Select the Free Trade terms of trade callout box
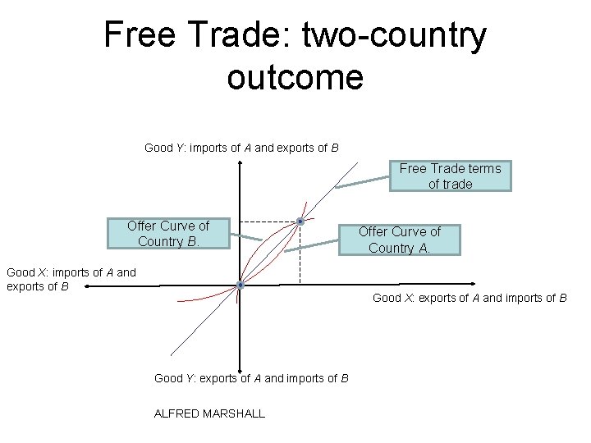coord(450,176)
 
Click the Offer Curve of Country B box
coord(168,234)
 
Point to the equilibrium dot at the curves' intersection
coord(301,221)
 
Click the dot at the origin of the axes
coord(240,285)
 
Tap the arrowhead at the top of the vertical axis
coord(240,162)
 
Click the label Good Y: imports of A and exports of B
coord(241,148)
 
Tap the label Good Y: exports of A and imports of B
coord(251,378)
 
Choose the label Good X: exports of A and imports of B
coord(470,297)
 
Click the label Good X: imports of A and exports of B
coord(71,279)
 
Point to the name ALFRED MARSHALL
coord(209,413)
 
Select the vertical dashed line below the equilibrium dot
coord(300,254)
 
